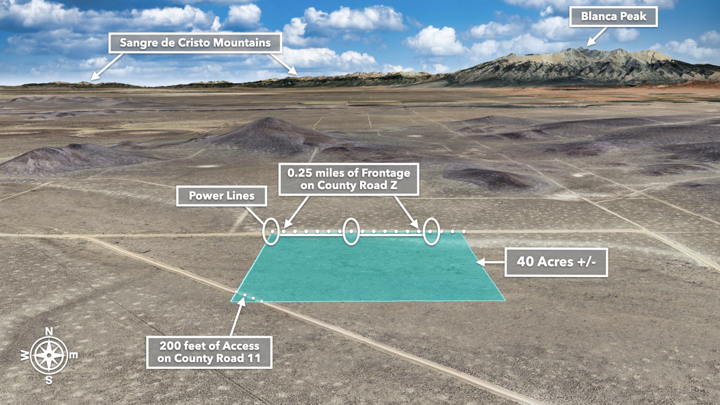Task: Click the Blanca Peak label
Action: coord(613,17)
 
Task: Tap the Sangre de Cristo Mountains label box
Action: coord(195,43)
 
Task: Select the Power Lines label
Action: coord(221,196)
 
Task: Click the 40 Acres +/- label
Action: coord(556,262)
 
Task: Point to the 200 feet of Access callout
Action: coord(209,352)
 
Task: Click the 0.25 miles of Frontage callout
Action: coord(349,179)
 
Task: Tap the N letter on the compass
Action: coord(49,332)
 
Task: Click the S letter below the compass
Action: coord(49,380)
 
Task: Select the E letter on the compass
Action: coord(73,355)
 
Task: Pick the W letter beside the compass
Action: coord(25,355)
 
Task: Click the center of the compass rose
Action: coord(49,355)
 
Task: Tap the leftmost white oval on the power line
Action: coord(271,231)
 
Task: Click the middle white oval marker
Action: coord(351,231)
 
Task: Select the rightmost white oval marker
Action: coord(431,231)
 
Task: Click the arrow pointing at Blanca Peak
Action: coord(596,37)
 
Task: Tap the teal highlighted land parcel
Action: coord(369,268)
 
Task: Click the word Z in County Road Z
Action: coord(393,185)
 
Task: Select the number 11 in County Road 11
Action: coord(254,359)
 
